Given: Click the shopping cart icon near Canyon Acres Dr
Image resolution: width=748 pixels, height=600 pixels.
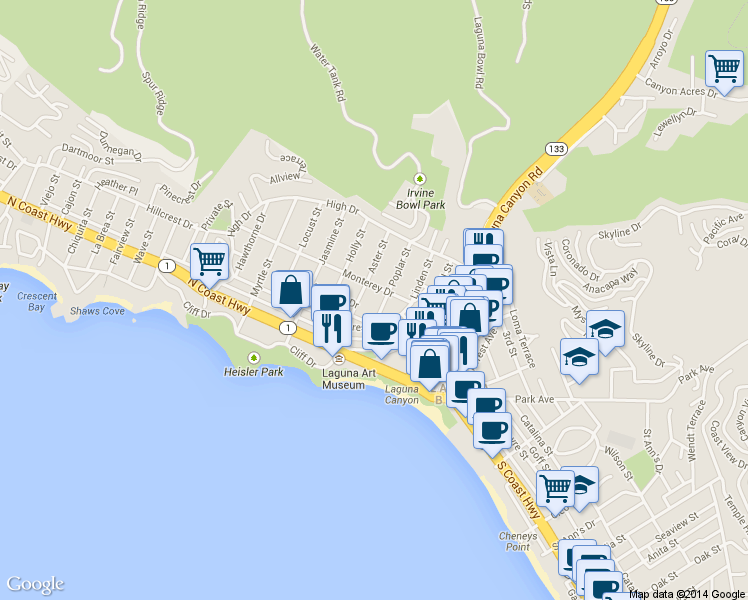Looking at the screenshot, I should (724, 69).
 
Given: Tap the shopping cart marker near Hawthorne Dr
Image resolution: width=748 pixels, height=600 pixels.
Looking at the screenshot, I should (209, 261).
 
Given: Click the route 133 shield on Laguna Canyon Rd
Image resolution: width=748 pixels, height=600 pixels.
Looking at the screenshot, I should (555, 148).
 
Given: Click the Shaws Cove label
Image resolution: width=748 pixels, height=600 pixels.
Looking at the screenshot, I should (97, 311).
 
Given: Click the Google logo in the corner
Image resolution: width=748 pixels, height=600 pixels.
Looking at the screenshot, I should (35, 584).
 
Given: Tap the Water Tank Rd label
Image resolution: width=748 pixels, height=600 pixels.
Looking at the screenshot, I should (328, 72).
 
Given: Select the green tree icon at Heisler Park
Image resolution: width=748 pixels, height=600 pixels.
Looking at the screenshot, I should (253, 357).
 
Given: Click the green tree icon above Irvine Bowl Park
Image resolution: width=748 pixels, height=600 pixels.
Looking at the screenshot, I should (420, 178).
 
